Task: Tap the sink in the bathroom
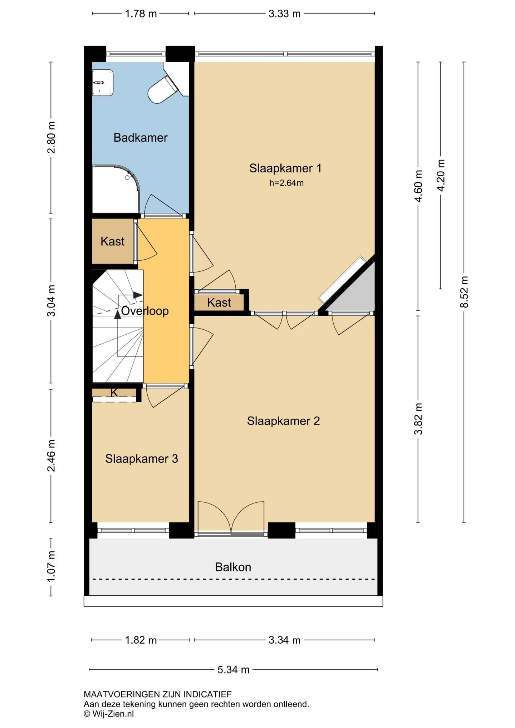point(103,83)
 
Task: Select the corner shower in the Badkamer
point(116,189)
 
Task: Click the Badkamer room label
point(141,138)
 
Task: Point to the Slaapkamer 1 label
point(285,168)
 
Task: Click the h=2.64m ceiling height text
point(286,183)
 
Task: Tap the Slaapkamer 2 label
point(283,421)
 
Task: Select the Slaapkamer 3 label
point(142,459)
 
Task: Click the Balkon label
point(233,567)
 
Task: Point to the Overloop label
point(145,311)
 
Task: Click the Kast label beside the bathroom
point(112,241)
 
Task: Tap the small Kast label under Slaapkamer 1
point(219,302)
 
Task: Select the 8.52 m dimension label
point(464,292)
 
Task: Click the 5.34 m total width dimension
point(233,670)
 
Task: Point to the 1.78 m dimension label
point(141,14)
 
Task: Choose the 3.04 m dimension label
point(51,301)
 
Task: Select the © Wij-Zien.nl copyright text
point(109,714)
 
